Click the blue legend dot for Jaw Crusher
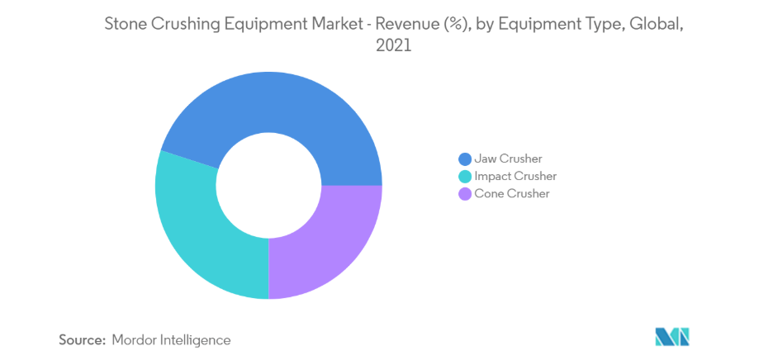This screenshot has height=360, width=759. point(465,159)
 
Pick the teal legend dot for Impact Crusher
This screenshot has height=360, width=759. point(465,176)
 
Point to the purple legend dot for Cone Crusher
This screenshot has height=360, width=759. point(465,194)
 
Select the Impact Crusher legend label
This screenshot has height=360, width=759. point(515,176)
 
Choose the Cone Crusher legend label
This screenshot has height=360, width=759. point(512,194)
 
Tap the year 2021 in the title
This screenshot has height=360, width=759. point(393,47)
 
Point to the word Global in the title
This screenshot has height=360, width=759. point(657,25)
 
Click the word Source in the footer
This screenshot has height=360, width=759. point(82,339)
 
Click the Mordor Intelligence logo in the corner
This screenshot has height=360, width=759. point(671,337)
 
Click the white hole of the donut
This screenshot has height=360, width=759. point(268,185)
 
